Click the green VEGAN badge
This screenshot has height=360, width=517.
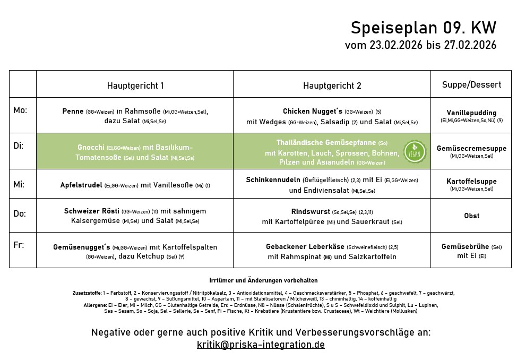(414, 151)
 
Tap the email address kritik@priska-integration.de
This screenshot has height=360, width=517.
(261, 345)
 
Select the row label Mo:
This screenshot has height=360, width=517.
(20, 110)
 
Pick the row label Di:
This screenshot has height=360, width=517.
(19, 145)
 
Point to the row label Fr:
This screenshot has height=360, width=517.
(19, 245)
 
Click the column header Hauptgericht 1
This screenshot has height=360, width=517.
(135, 85)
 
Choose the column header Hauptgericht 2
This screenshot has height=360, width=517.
(332, 85)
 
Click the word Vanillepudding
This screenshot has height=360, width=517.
(472, 113)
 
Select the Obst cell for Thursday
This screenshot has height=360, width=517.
(472, 216)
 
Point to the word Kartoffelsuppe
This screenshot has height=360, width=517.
(472, 181)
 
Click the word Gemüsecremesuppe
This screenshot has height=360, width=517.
(472, 148)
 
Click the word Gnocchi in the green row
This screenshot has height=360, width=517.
(91, 147)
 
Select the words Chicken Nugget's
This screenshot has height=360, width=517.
(312, 112)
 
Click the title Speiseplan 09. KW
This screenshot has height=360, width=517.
(424, 28)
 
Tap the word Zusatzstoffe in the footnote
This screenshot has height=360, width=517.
(87, 293)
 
